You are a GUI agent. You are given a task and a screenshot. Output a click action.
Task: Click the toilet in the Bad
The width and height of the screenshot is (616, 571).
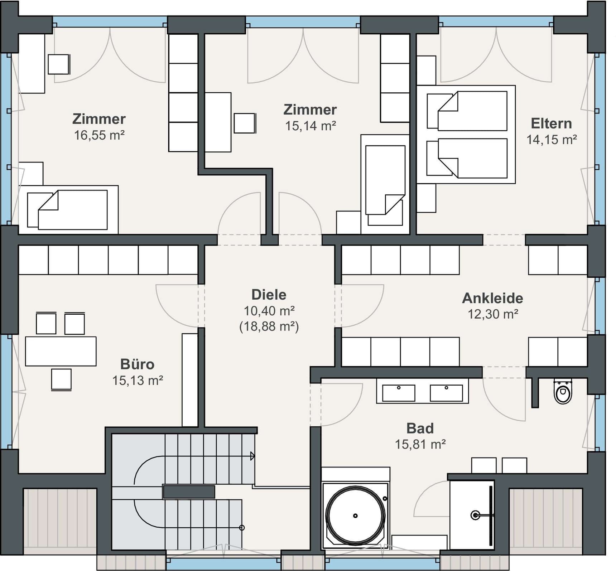point(563,392)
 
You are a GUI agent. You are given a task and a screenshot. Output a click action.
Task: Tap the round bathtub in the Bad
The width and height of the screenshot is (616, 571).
point(355,516)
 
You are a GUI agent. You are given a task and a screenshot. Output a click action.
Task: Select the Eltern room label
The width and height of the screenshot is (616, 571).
point(551,124)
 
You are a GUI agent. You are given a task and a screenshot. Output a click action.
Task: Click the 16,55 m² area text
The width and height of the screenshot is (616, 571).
point(99,135)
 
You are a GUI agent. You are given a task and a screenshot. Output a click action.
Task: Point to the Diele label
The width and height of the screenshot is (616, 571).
point(269,295)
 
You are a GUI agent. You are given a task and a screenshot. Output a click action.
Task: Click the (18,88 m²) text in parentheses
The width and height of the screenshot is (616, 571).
point(269,326)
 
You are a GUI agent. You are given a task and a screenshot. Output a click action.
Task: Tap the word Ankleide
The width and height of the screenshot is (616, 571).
point(492,298)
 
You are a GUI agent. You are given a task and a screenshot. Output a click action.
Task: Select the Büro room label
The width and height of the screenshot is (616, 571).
point(138,364)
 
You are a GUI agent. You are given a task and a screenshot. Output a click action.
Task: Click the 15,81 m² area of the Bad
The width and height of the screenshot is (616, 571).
point(420,444)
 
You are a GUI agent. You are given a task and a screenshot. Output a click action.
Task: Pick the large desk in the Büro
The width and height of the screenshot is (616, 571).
point(61,351)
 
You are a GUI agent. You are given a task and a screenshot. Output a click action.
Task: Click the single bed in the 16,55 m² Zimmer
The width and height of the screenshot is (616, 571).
point(68,210)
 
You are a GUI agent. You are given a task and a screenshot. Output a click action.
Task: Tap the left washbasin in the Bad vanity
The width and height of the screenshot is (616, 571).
point(399,393)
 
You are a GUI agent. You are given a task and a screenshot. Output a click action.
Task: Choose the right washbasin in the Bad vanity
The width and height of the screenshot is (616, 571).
point(446,393)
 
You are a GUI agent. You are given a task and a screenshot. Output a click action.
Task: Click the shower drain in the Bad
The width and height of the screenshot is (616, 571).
point(475,515)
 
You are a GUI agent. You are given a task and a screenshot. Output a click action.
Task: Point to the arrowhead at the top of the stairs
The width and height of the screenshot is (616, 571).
point(252,456)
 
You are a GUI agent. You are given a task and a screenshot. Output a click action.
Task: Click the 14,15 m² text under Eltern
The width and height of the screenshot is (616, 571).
point(552,140)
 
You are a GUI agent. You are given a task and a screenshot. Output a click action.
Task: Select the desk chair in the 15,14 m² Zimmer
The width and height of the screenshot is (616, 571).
point(245,123)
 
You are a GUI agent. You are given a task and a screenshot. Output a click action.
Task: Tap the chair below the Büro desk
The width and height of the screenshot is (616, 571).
point(61,379)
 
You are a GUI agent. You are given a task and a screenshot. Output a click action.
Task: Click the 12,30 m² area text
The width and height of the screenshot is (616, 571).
point(493,314)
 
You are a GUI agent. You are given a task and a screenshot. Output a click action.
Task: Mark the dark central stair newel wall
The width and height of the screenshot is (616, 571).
point(189,492)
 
